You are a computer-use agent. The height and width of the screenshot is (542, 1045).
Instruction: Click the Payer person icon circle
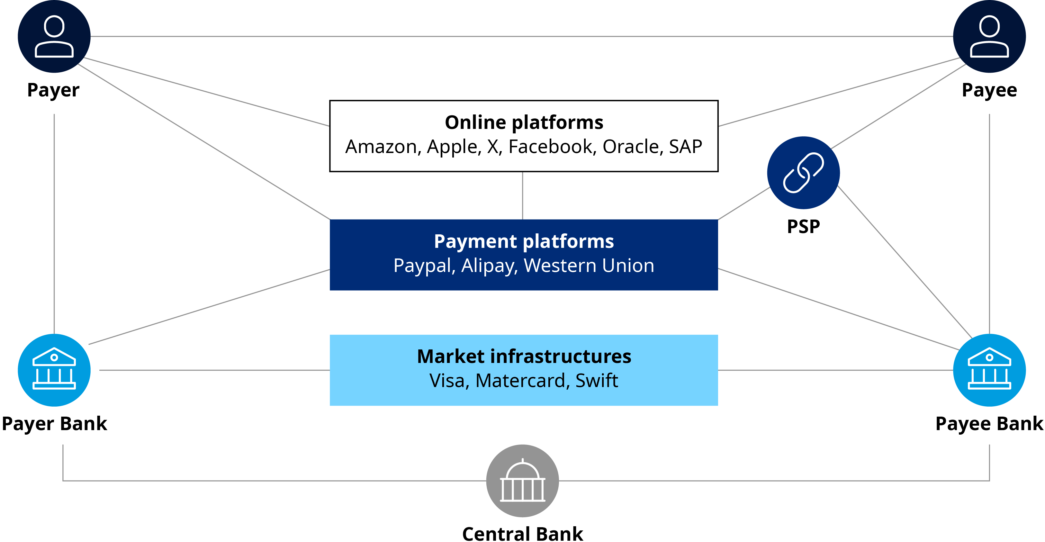[54, 37]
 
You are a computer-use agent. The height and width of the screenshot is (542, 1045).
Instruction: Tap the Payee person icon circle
[989, 37]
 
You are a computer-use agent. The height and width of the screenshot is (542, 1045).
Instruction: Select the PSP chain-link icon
[803, 173]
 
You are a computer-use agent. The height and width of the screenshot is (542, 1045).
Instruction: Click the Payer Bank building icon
[54, 370]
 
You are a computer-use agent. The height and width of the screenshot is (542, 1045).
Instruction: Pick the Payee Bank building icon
[989, 370]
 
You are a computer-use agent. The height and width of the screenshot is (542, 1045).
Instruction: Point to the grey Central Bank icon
[523, 481]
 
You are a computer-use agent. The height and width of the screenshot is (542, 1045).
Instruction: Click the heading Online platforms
[524, 122]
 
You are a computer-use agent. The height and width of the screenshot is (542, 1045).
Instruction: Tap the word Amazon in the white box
[381, 147]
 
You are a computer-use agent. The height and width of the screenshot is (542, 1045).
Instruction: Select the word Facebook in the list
[552, 147]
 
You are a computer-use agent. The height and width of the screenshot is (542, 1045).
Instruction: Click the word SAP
[685, 147]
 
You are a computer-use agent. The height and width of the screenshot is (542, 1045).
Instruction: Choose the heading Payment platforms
[524, 241]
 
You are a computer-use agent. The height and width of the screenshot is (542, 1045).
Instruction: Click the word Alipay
[490, 266]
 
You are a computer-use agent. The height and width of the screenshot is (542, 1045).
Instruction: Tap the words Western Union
[589, 266]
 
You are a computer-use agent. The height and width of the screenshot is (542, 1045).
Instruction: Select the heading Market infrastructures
[524, 356]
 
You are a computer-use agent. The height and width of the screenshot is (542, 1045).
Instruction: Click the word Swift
[596, 381]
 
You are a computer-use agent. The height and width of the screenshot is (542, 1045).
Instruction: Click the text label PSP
[803, 226]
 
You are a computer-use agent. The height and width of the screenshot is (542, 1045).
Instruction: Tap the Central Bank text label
[523, 533]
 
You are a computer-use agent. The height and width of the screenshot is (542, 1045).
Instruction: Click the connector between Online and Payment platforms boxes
[523, 195]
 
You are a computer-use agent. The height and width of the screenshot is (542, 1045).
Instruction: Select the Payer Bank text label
[54, 424]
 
